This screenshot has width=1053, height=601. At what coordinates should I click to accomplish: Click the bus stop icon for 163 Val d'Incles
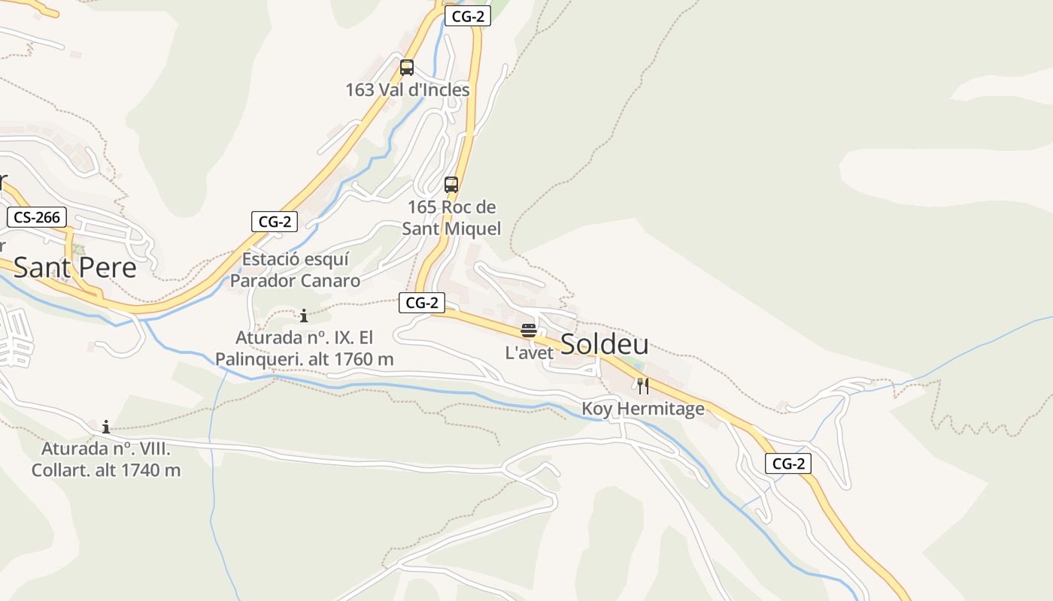(407, 68)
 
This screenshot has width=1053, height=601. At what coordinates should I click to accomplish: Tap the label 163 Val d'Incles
(407, 90)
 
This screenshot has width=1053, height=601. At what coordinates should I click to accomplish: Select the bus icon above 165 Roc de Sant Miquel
(451, 185)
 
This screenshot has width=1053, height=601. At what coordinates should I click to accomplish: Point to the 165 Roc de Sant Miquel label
(451, 217)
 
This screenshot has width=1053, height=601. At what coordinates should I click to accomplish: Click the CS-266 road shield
(37, 218)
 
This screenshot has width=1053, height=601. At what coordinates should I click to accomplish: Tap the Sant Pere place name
(75, 267)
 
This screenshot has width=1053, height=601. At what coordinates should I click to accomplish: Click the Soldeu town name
(605, 344)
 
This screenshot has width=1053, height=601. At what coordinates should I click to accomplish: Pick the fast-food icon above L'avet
(529, 331)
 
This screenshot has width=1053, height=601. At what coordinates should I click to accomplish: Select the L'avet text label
(530, 352)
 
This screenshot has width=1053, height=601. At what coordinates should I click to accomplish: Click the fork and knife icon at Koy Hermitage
(643, 386)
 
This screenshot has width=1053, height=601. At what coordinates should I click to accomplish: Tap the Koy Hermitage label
(643, 409)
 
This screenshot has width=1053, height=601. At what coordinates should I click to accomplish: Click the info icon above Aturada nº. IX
(304, 316)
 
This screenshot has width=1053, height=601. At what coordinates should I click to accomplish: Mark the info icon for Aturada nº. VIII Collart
(106, 427)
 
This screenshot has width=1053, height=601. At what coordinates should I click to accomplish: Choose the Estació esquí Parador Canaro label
(295, 270)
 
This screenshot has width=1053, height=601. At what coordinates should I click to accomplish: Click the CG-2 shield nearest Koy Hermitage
(788, 464)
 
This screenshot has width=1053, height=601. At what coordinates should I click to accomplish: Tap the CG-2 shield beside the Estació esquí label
(275, 222)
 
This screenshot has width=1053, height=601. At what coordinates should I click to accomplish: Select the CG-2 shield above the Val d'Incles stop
(467, 17)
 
